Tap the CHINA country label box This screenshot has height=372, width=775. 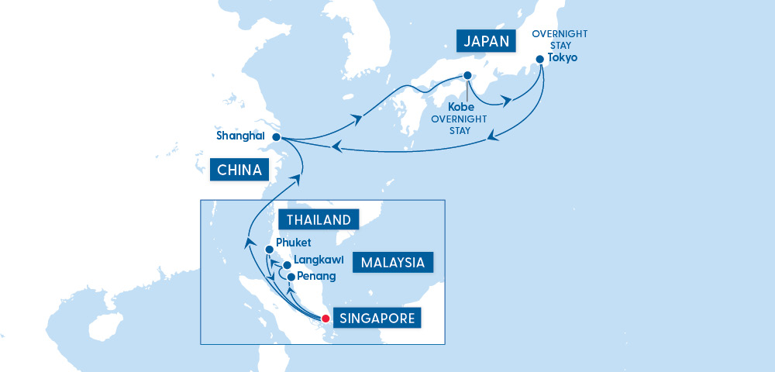click(x=238, y=169)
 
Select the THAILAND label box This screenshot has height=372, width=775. click(x=319, y=220)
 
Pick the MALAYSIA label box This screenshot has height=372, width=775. click(x=393, y=263)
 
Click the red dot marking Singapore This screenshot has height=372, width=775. click(x=325, y=318)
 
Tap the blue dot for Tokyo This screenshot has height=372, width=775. click(x=539, y=59)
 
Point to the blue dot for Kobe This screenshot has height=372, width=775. click(x=467, y=76)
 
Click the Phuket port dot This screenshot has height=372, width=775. click(x=269, y=250)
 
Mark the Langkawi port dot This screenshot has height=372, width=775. click(x=287, y=265)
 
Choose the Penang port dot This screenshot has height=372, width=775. click(x=291, y=277)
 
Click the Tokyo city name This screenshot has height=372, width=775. click(x=563, y=59)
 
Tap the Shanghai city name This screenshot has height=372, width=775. click(x=240, y=136)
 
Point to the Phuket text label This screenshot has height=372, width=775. click(x=293, y=243)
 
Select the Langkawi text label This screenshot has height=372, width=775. click(x=319, y=261)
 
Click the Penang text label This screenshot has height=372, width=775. click(x=315, y=276)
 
